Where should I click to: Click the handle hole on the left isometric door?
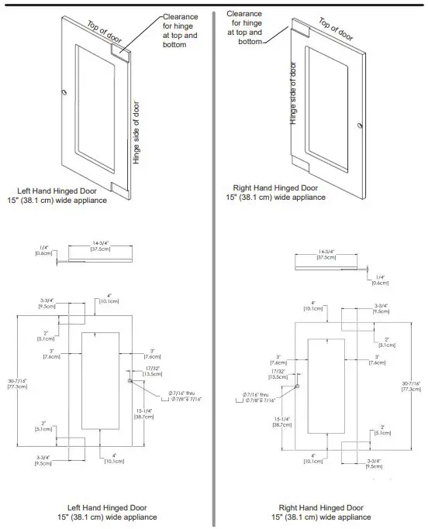pyautogui.click(x=64, y=93)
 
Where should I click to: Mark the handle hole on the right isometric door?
pyautogui.click(x=357, y=125)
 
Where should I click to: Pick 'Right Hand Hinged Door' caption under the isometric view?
pyautogui.click(x=275, y=187)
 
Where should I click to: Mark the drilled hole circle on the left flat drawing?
pyautogui.click(x=129, y=382)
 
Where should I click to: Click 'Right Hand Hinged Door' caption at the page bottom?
pyautogui.click(x=319, y=507)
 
